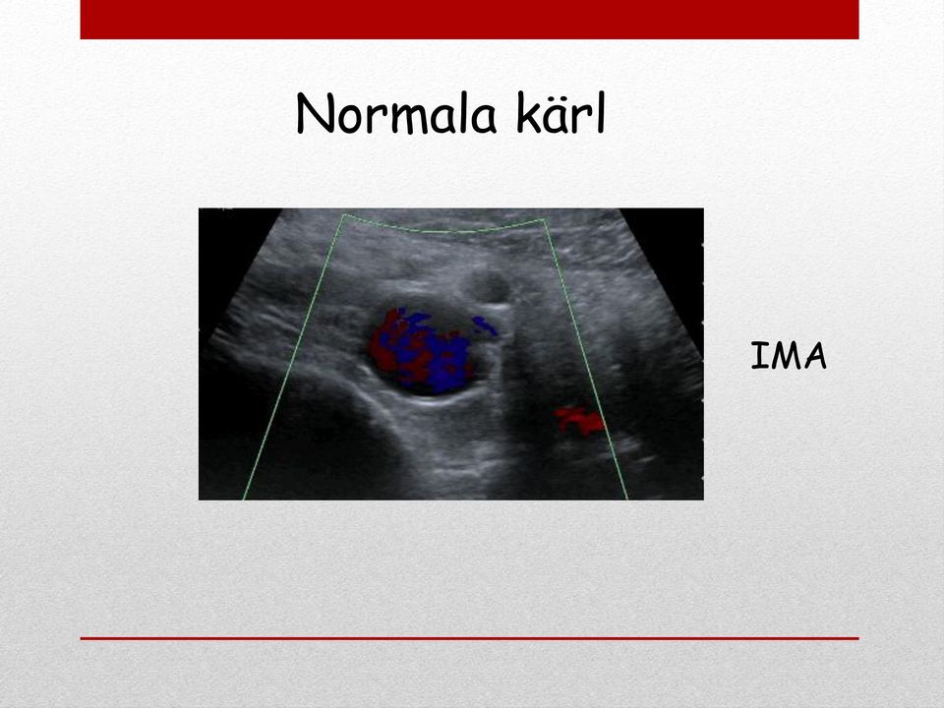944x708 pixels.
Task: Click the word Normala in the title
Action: coord(396,114)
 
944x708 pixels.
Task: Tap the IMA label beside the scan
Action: coord(789,356)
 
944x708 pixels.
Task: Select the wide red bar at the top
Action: coord(470,20)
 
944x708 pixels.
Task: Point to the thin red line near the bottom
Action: coord(470,638)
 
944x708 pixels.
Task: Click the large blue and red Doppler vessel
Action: coord(420,349)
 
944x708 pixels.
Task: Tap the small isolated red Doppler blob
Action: coord(579,420)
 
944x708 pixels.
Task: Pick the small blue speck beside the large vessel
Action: coord(485,325)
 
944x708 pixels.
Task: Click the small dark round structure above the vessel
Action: coord(490,286)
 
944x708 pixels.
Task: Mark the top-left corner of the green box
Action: coord(344,214)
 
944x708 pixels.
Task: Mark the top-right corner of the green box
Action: coord(545,219)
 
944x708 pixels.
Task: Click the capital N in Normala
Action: coord(316,114)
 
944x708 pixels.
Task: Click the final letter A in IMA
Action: coord(816,356)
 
